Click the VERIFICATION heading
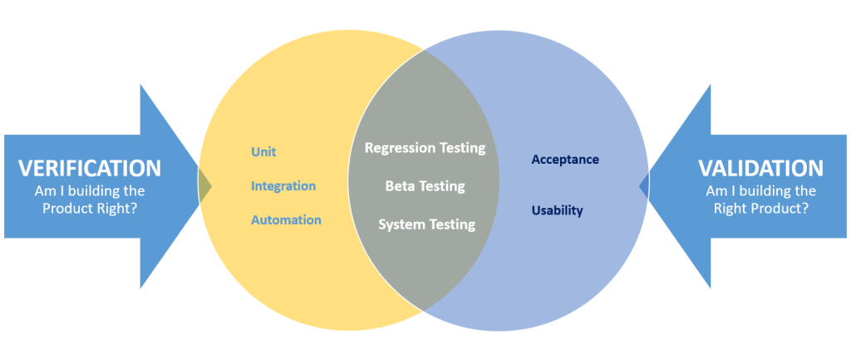click(90, 168)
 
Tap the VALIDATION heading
click(760, 168)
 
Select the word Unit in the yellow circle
click(263, 152)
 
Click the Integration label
click(283, 186)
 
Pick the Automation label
click(286, 220)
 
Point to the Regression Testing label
click(425, 148)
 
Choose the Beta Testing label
click(425, 186)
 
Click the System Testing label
click(426, 224)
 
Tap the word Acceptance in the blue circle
click(565, 159)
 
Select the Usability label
click(557, 210)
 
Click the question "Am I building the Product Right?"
click(90, 200)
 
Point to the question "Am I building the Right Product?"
click(760, 200)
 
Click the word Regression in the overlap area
click(396, 148)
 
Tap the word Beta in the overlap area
click(399, 186)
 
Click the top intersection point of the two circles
click(424, 49)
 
